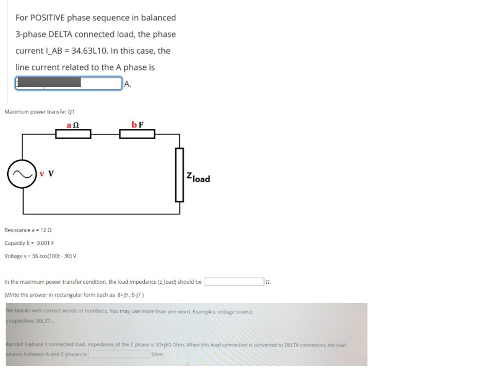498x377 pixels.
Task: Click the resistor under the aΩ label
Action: pyautogui.click(x=73, y=135)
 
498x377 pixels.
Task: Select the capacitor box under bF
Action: pyautogui.click(x=137, y=135)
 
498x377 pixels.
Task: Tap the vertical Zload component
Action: pyautogui.click(x=179, y=175)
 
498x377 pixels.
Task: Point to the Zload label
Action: pyautogui.click(x=198, y=178)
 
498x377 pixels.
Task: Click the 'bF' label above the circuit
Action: pyautogui.click(x=137, y=124)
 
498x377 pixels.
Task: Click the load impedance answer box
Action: pyautogui.click(x=234, y=282)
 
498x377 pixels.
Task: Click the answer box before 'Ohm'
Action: pyautogui.click(x=119, y=354)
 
